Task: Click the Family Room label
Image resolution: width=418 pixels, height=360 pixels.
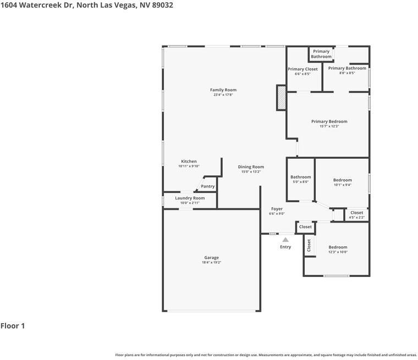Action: (223, 90)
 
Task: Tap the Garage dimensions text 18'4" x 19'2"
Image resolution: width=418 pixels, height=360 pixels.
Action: (211, 263)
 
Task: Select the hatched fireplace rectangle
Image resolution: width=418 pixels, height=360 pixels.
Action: (281, 97)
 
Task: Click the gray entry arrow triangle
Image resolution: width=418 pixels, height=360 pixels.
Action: (285, 240)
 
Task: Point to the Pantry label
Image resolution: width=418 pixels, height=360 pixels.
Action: (208, 186)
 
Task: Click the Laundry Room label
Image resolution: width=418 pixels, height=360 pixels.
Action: (190, 198)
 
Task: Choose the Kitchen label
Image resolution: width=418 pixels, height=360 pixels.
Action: (189, 161)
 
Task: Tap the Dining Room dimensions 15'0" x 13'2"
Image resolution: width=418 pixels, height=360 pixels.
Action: (251, 171)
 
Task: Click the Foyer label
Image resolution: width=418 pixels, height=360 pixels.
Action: (277, 209)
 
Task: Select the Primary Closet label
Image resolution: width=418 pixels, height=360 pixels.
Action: (302, 69)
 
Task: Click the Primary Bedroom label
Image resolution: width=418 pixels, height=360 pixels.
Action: (329, 121)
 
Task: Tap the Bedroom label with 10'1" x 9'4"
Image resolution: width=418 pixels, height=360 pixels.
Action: (342, 180)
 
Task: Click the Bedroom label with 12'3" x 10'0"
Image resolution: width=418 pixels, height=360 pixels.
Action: (338, 247)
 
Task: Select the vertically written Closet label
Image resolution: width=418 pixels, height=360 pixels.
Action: (309, 245)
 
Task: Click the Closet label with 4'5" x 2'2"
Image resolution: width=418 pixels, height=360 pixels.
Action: (357, 213)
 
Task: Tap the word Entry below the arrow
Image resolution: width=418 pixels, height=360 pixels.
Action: (285, 247)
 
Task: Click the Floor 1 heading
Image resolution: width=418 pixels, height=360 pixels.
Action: (13, 326)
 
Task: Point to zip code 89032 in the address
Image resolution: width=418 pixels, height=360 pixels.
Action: (163, 5)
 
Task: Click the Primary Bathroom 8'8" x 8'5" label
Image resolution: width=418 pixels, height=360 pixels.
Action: (347, 68)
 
